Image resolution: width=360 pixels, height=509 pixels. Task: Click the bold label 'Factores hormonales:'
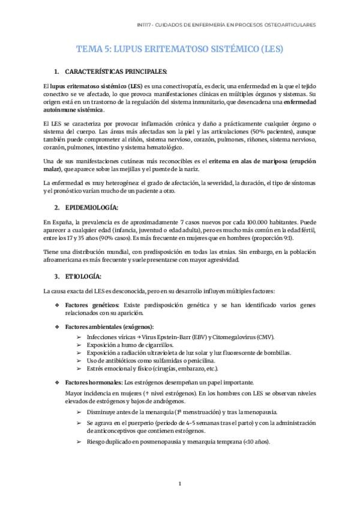94,382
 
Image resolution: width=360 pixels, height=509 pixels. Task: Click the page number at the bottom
180,483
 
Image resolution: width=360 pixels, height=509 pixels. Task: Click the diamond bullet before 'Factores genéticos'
57,306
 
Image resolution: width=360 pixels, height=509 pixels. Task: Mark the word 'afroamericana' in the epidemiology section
65,260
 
